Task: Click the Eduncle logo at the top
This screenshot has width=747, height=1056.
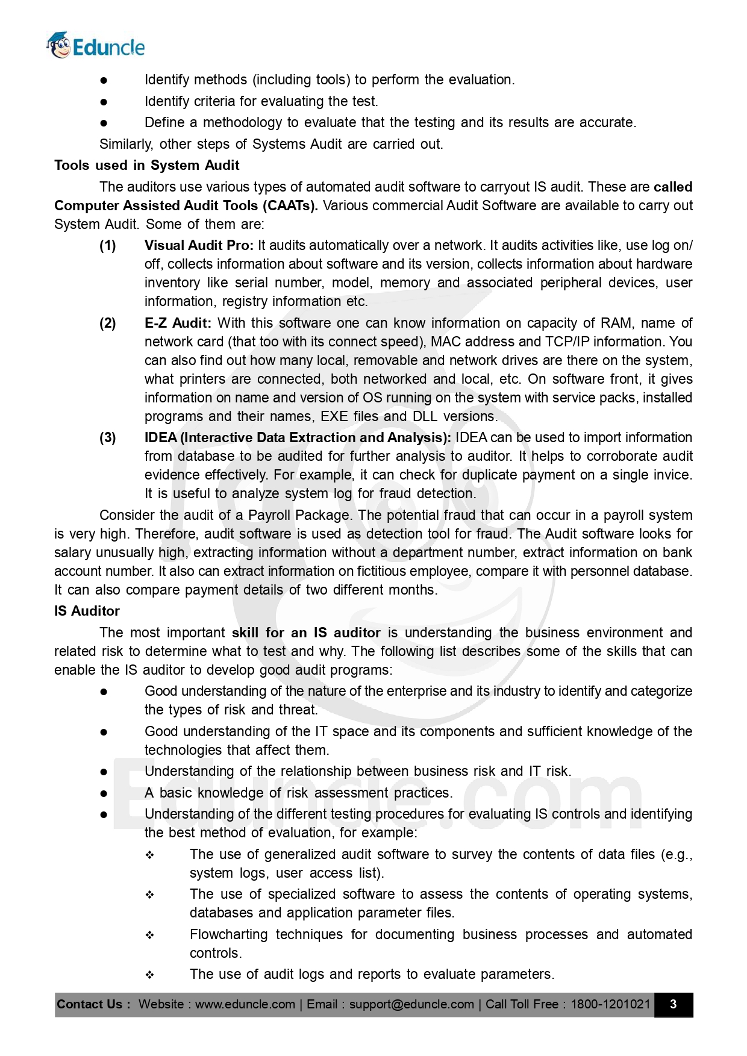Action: click(x=96, y=46)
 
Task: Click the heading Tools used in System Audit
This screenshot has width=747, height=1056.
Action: click(x=146, y=165)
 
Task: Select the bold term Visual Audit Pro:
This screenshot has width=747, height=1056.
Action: click(x=199, y=245)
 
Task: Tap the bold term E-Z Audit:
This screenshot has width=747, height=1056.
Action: click(x=178, y=323)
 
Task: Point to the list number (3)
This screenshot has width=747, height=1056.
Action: click(x=108, y=437)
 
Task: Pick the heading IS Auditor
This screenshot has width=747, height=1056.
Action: click(x=87, y=611)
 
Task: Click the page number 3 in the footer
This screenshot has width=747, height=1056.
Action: click(x=673, y=1004)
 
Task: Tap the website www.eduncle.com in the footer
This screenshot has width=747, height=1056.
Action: click(x=245, y=1004)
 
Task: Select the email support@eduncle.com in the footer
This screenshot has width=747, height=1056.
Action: click(x=411, y=1004)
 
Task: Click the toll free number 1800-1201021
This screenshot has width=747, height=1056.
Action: click(x=610, y=1004)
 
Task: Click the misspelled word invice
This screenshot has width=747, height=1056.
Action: click(x=674, y=475)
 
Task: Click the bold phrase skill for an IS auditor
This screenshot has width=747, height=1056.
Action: click(x=306, y=633)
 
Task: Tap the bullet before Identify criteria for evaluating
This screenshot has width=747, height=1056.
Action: click(x=104, y=102)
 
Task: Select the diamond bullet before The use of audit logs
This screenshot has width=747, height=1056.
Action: click(x=149, y=975)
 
